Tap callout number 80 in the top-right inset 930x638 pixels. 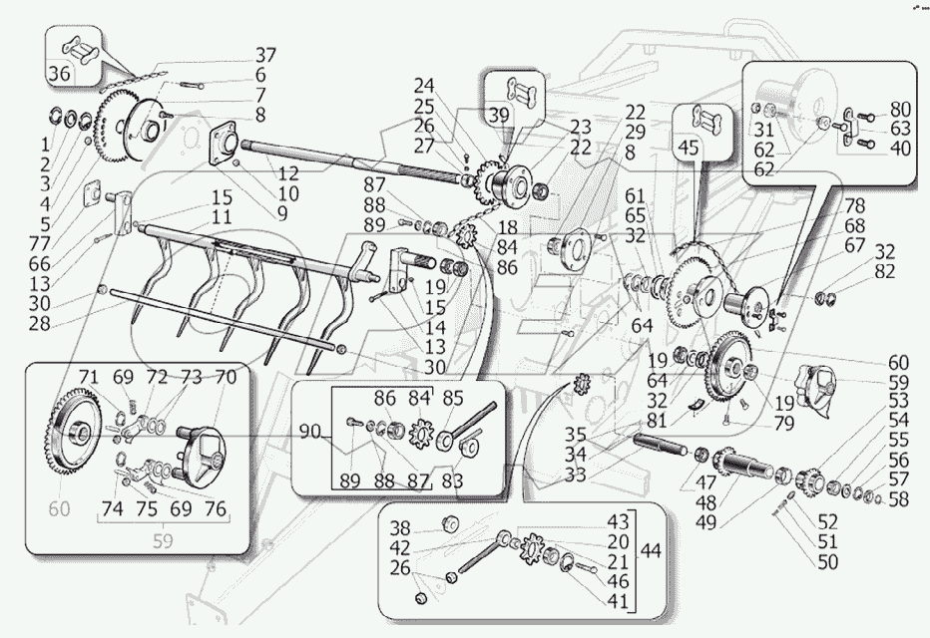coord(900,108)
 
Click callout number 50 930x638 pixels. coord(827,562)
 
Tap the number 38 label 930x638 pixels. coord(400,527)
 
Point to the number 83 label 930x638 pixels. coord(453,480)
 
